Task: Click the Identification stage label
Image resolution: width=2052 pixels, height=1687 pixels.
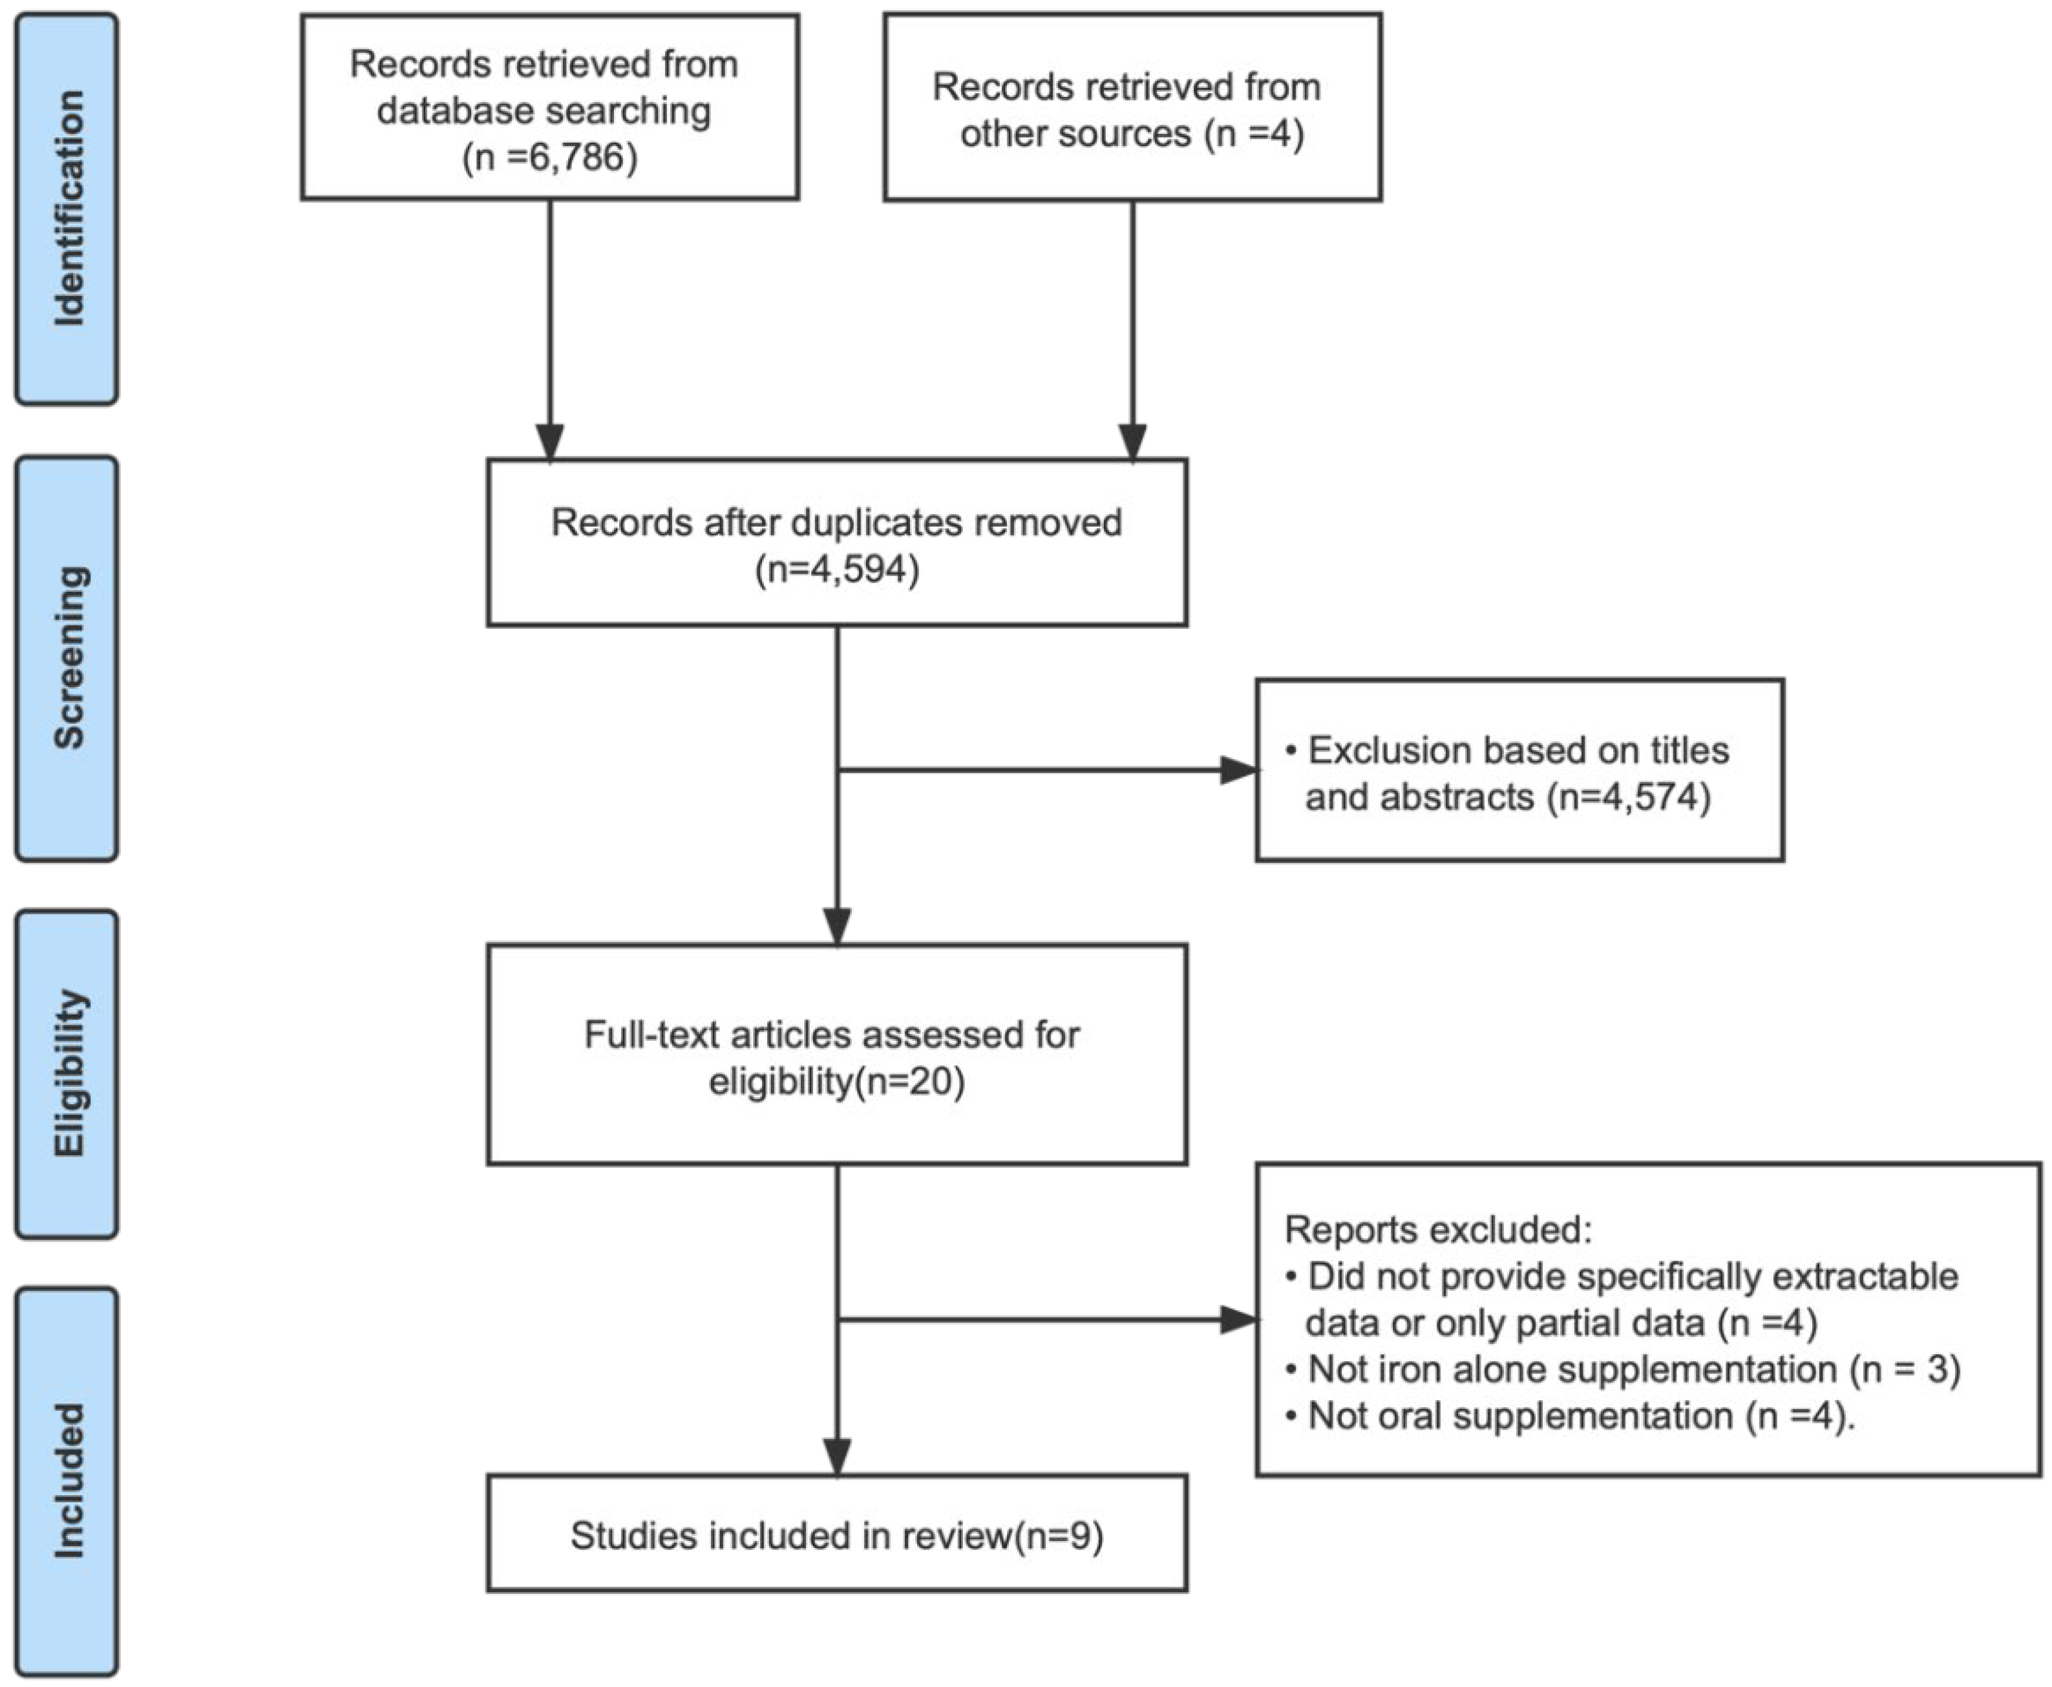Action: [x=68, y=208]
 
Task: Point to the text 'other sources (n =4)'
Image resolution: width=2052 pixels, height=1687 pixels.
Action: [x=1132, y=133]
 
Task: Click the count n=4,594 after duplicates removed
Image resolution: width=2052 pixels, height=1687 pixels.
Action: [x=837, y=569]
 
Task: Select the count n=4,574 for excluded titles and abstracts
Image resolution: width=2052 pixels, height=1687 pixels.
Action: [x=1633, y=797]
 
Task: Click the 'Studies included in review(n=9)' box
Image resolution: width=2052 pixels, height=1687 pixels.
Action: [x=837, y=1535]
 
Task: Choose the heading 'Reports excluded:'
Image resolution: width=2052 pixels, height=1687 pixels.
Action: [x=1439, y=1230]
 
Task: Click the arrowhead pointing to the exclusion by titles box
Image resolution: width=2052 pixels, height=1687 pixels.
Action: [x=1240, y=771]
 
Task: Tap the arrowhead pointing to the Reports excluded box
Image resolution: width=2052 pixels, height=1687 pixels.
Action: [x=1240, y=1319]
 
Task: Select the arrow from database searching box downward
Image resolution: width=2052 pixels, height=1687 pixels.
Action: [x=550, y=320]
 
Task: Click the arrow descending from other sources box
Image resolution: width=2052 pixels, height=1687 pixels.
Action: [x=1132, y=320]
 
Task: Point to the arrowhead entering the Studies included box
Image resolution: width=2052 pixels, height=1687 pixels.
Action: [x=837, y=1456]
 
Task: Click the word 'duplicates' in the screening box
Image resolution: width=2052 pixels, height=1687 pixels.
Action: [x=877, y=523]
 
